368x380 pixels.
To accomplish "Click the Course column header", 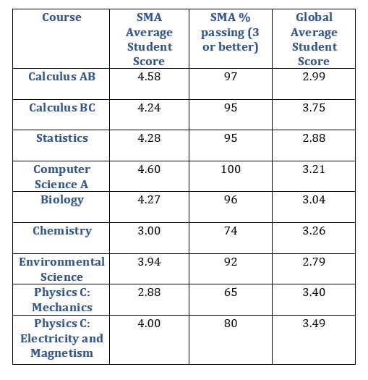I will click(61, 17).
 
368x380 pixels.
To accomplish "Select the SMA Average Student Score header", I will click(150, 39).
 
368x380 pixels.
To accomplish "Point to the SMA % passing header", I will click(231, 32).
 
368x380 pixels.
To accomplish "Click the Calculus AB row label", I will click(61, 76).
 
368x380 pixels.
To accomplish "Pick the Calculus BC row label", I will click(61, 107).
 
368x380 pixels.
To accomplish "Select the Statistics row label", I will click(61, 138).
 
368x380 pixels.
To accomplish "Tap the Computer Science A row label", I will click(61, 176).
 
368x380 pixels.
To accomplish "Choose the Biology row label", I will click(61, 200).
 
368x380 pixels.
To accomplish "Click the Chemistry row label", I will click(61, 231).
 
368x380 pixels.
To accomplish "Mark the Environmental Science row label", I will click(61, 269).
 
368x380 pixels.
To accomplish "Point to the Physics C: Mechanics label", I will click(61, 300).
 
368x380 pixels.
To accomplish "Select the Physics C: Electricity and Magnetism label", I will click(61, 338).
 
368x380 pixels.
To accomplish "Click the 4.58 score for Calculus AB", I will click(150, 76).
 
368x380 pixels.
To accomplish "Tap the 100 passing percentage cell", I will click(231, 169).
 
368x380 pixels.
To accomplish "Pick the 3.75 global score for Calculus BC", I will click(313, 107).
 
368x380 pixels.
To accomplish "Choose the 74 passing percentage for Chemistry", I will click(231, 231).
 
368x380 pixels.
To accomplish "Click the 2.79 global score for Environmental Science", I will click(313, 261).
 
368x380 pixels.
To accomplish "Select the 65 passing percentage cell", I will click(231, 292).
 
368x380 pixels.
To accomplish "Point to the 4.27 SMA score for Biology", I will click(150, 200).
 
